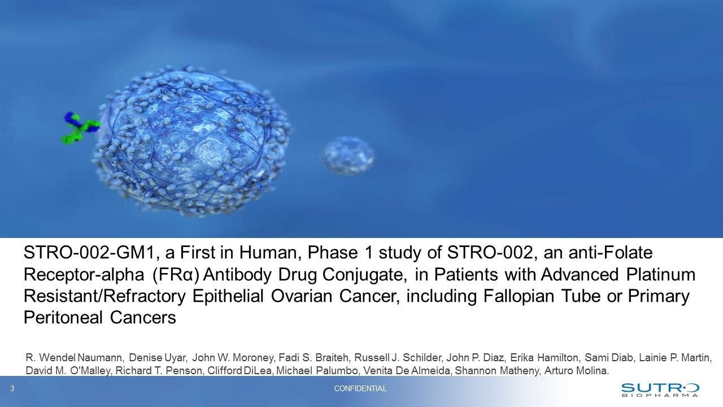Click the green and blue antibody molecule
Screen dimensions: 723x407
[x=80, y=128]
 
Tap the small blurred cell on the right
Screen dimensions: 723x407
[x=349, y=156]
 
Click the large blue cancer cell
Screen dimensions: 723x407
[x=193, y=141]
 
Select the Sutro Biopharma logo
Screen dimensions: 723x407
[x=660, y=389]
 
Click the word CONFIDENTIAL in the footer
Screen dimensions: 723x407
[x=360, y=388]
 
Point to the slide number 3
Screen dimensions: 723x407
[x=12, y=388]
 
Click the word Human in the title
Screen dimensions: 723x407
[x=269, y=253]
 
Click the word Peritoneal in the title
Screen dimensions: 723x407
[x=63, y=318]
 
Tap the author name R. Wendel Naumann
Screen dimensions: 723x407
[x=74, y=358]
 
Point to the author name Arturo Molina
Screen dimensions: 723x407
[x=577, y=371]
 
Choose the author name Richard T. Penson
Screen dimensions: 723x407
[x=159, y=371]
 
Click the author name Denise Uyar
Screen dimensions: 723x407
[x=158, y=358]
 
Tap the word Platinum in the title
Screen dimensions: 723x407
[x=661, y=275]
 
